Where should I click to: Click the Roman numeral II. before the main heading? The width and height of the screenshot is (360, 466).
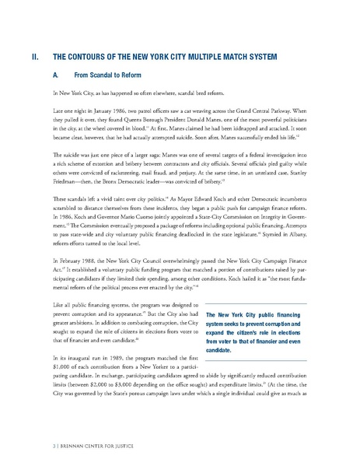pos(33,57)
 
